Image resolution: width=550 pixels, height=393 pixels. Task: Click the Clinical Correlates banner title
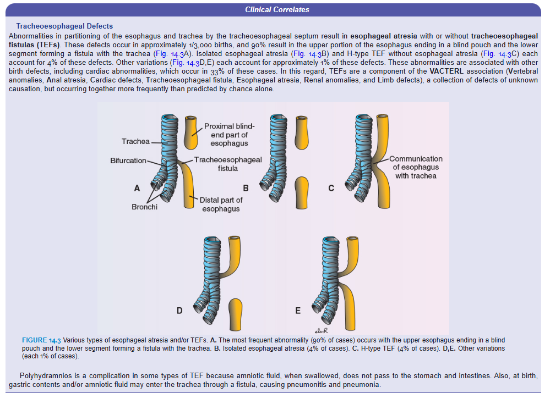(x=277, y=9)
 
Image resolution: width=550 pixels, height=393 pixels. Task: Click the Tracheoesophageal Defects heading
(x=64, y=26)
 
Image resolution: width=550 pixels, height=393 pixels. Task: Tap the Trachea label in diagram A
(x=135, y=142)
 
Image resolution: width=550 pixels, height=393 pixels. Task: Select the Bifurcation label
(x=128, y=160)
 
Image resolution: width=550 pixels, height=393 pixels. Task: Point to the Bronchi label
(x=144, y=207)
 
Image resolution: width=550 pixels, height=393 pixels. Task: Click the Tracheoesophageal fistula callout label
(x=227, y=164)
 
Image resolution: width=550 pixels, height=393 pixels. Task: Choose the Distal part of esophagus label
(x=221, y=204)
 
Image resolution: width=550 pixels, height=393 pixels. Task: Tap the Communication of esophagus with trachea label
(x=416, y=167)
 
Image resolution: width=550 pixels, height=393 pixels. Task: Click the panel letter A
(x=137, y=188)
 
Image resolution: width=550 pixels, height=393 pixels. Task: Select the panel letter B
(x=246, y=188)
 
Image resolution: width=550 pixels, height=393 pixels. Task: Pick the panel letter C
(x=331, y=188)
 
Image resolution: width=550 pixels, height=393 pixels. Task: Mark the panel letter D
(x=179, y=311)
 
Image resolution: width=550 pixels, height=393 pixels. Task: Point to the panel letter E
(x=298, y=311)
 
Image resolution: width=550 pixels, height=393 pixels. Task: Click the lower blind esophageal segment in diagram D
(x=236, y=312)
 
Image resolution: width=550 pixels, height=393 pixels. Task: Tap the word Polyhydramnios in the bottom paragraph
(x=45, y=375)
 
